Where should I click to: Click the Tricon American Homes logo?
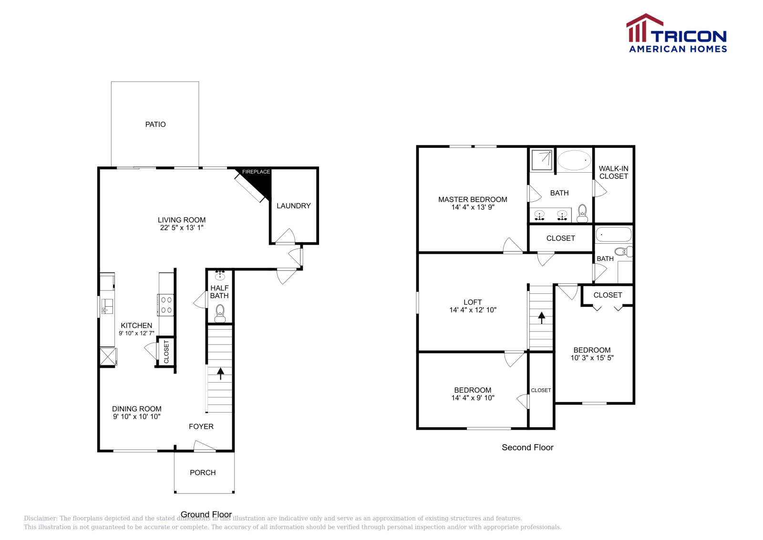click(x=676, y=33)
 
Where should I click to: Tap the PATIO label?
click(x=155, y=125)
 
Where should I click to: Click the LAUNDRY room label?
click(x=293, y=206)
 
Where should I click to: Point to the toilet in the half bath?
click(x=220, y=313)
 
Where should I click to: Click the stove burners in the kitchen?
click(x=166, y=305)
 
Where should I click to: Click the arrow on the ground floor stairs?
click(x=220, y=373)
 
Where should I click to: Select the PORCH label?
click(x=203, y=473)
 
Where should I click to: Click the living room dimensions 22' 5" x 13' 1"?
click(x=182, y=228)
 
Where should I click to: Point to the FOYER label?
click(x=201, y=426)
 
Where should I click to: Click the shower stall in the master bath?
click(x=542, y=160)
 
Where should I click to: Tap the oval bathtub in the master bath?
click(x=574, y=160)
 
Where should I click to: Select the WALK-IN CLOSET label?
click(x=614, y=172)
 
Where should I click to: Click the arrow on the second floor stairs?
click(x=542, y=317)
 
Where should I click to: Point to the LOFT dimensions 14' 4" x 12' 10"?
click(x=473, y=310)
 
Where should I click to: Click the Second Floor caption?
click(x=527, y=447)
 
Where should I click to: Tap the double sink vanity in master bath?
click(x=551, y=216)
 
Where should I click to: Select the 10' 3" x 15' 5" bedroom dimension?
click(x=592, y=358)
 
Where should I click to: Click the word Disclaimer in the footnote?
click(x=40, y=519)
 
